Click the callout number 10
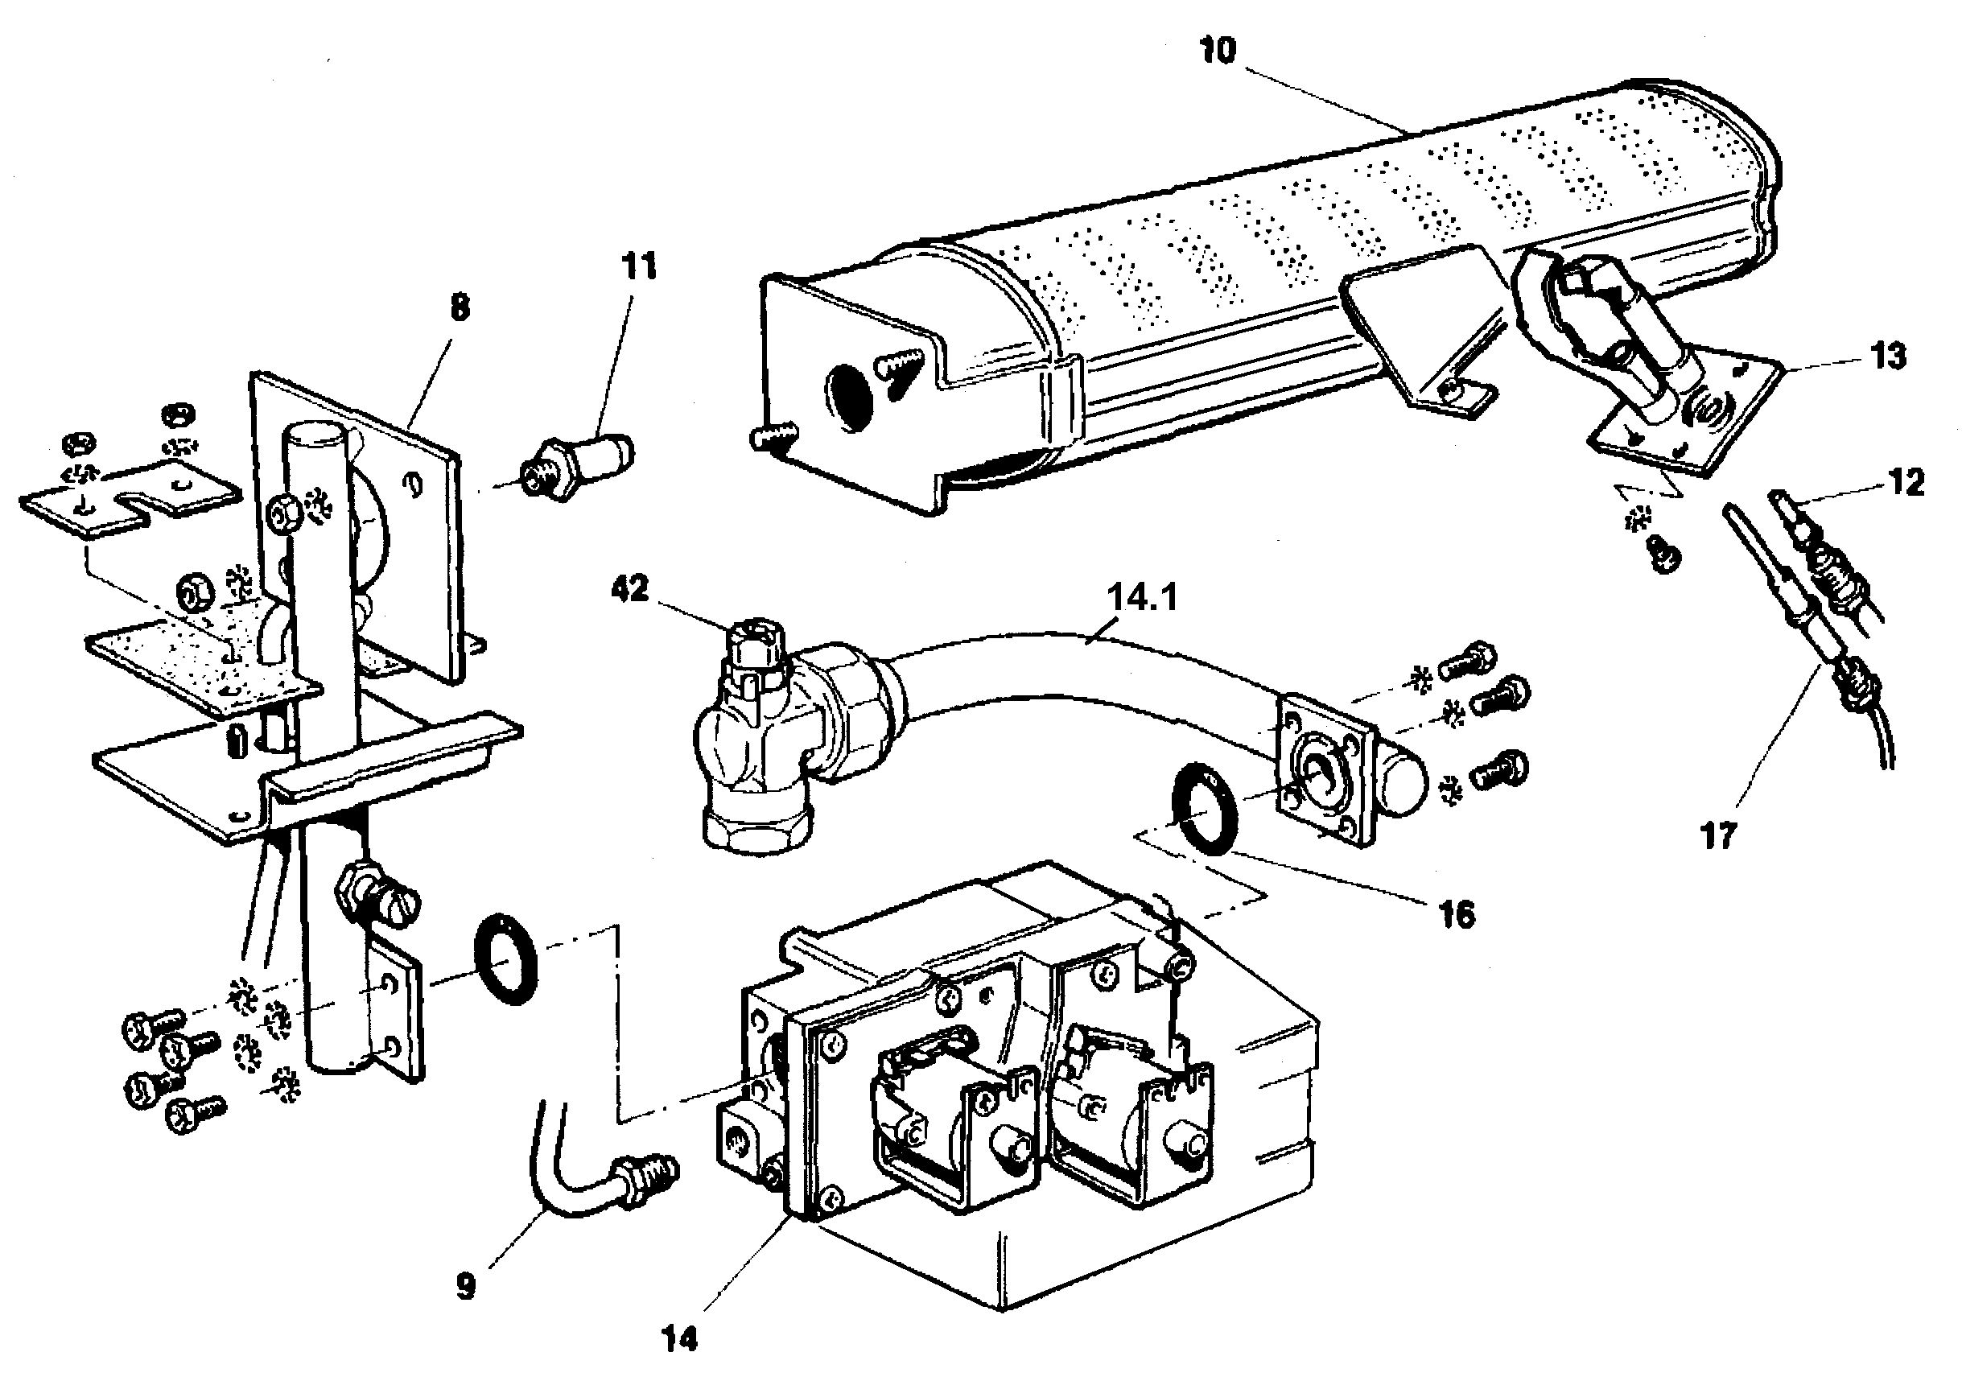click(1217, 52)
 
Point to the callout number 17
click(1717, 835)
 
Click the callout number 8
click(460, 307)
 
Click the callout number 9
click(465, 1286)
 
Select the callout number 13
click(1889, 356)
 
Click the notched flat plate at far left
click(128, 500)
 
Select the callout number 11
click(639, 266)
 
